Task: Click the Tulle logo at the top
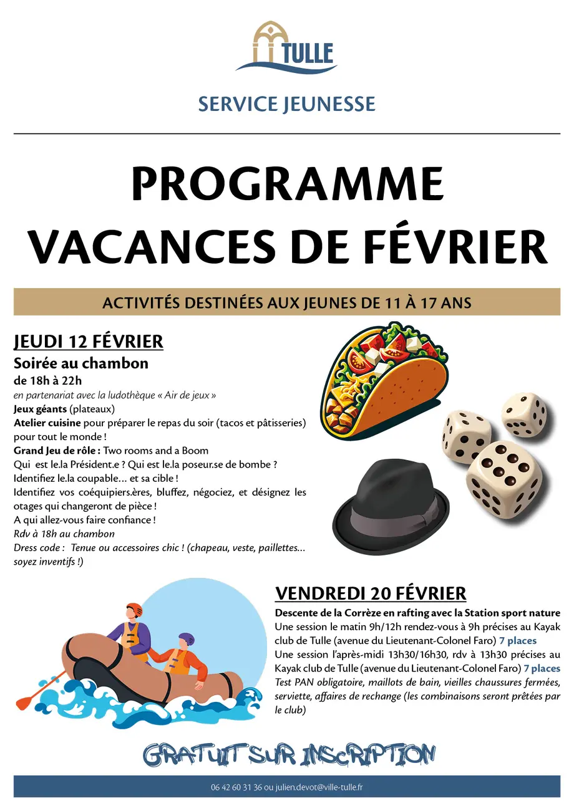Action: (x=286, y=48)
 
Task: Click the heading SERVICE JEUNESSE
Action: (x=286, y=104)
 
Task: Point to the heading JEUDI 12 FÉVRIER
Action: (x=88, y=342)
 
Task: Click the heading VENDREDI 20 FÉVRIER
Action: (x=371, y=593)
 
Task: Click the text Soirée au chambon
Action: (x=81, y=363)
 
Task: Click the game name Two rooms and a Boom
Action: (x=156, y=451)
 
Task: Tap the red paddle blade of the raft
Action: (x=26, y=701)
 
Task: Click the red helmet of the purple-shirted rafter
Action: (x=134, y=609)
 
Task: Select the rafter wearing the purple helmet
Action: (x=184, y=658)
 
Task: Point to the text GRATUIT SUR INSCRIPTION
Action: (x=288, y=755)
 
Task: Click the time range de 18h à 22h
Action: (x=48, y=380)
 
